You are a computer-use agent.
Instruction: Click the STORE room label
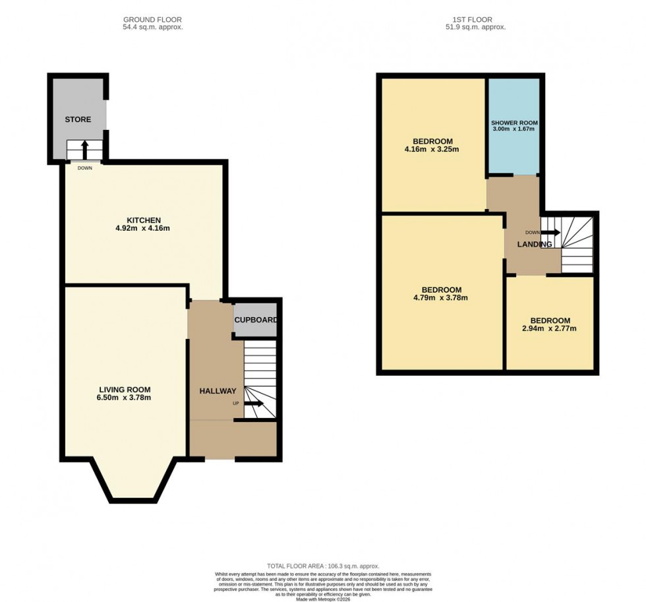tap(78, 119)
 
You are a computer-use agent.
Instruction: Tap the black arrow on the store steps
tap(84, 149)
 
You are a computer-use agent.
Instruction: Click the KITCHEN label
tap(144, 220)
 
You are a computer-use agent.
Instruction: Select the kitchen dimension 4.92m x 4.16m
tap(144, 229)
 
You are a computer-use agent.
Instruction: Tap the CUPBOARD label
tap(255, 320)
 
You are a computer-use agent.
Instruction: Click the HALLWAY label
tap(218, 391)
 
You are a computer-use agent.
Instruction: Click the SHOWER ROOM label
tap(514, 123)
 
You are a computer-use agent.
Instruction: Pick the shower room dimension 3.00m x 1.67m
tap(514, 129)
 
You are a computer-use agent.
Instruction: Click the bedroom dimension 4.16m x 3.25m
tap(432, 150)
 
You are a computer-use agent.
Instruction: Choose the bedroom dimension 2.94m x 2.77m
tap(550, 328)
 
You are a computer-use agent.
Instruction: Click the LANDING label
tap(535, 245)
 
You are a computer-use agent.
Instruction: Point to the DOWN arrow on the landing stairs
tap(550, 233)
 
